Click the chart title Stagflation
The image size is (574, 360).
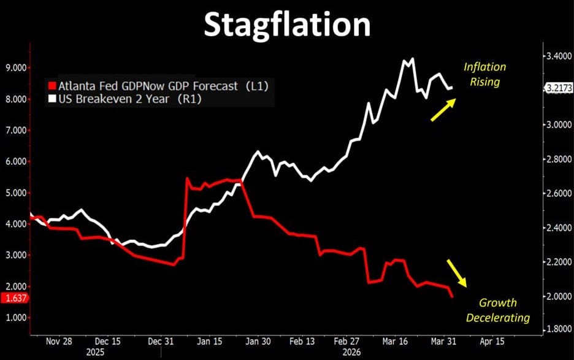pos(287,25)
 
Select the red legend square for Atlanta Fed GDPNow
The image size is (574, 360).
pos(52,86)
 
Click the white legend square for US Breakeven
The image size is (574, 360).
pos(52,98)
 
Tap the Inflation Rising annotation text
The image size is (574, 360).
pos(484,74)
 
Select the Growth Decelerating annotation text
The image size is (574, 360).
pos(497,310)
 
